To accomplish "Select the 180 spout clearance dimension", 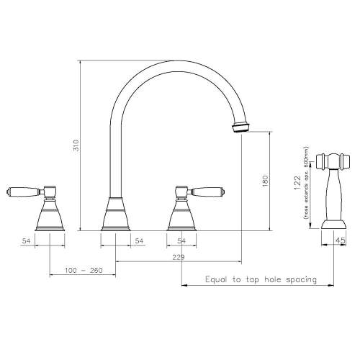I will [265, 180].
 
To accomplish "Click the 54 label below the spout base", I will [138, 242].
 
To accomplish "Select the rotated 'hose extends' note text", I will [307, 186].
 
